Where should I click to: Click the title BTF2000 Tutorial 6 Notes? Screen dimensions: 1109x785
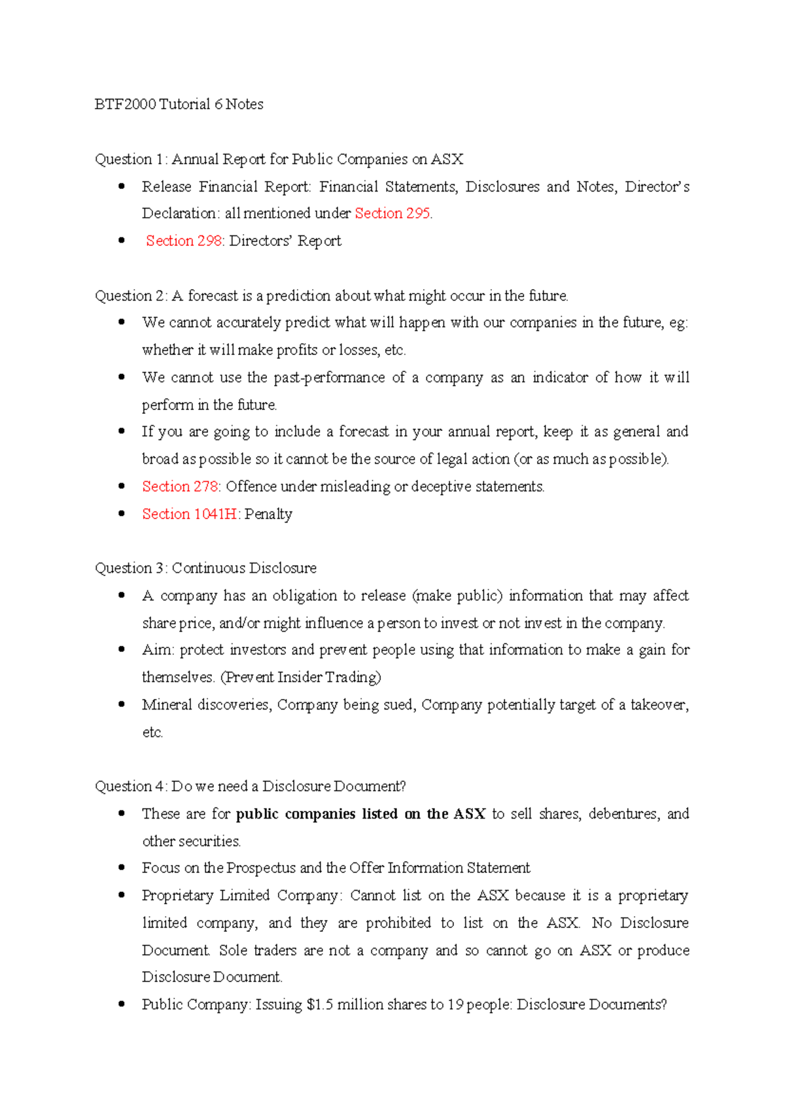point(179,105)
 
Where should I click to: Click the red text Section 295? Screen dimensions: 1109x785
point(392,213)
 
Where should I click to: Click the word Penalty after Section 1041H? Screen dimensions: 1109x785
point(268,514)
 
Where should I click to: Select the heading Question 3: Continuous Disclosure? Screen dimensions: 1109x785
point(205,568)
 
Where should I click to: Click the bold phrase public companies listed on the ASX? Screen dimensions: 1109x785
point(360,814)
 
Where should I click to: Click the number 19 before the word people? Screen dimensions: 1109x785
point(455,1005)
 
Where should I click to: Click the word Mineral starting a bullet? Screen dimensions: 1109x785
point(167,705)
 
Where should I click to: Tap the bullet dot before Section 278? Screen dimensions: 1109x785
point(122,486)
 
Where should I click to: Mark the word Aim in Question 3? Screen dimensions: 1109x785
point(156,650)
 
